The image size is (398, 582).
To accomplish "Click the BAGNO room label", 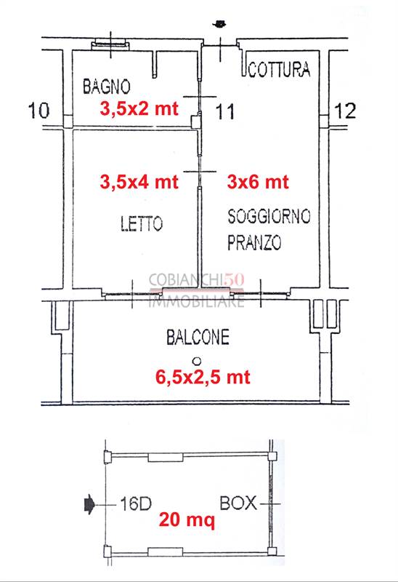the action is click(106, 87).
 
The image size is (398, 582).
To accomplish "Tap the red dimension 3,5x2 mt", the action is click(139, 108).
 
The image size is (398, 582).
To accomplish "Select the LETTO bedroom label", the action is click(142, 223).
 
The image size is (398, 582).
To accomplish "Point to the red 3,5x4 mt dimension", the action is click(139, 182).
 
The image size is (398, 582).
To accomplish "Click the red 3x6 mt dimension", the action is click(258, 182).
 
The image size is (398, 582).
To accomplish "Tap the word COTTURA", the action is click(279, 69).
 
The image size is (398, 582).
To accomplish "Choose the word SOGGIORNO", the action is click(269, 216).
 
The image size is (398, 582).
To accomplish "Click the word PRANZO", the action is click(254, 242).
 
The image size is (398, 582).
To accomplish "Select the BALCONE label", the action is click(198, 337).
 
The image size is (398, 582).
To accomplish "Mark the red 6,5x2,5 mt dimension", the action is click(203, 377).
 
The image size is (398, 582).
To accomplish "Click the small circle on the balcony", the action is click(197, 361).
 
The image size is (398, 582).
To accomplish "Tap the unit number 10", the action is click(39, 111).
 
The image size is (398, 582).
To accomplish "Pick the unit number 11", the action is click(225, 112).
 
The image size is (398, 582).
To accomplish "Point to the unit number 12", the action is click(345, 111).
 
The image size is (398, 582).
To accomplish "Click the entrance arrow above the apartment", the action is click(220, 24).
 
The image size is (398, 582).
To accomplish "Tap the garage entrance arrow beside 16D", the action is click(89, 504).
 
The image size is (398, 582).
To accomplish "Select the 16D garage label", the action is click(136, 504).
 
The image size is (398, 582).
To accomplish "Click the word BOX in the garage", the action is click(238, 503).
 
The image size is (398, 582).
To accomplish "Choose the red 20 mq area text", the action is click(187, 519).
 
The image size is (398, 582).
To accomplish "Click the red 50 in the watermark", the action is click(234, 280).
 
